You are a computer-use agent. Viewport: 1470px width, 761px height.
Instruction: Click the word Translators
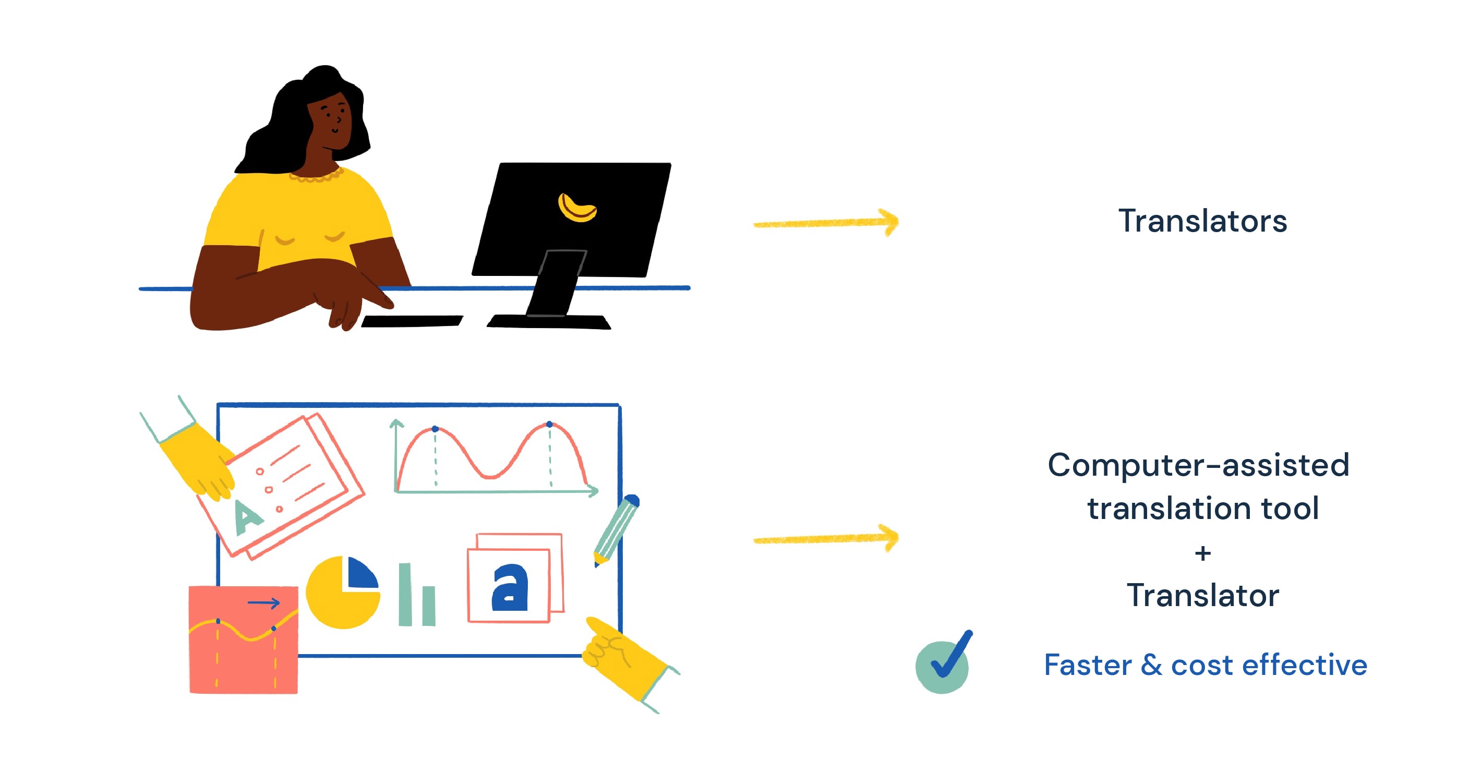(1202, 221)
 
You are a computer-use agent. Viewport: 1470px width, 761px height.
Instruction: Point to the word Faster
(1088, 665)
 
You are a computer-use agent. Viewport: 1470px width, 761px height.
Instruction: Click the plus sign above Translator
(1202, 553)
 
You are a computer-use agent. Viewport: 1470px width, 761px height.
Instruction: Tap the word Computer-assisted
(1198, 465)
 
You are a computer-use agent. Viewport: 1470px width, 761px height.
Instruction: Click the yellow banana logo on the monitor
(576, 208)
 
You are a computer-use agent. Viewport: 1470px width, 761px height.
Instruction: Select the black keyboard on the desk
(412, 321)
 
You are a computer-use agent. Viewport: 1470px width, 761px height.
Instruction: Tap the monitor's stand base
(549, 322)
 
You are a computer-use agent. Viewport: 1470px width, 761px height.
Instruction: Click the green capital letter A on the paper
(247, 518)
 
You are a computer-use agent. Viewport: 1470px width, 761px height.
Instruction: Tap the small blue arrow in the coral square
(263, 602)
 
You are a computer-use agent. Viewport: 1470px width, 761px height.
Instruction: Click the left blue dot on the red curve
(435, 428)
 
